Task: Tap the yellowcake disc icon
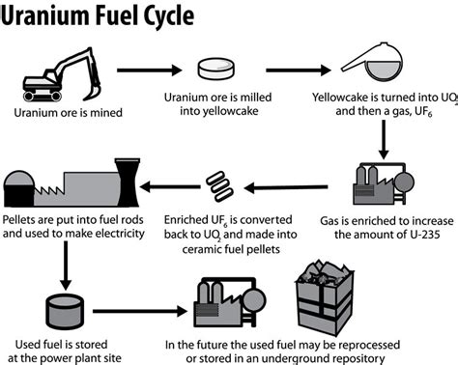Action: (218, 70)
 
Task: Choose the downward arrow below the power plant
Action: (64, 255)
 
